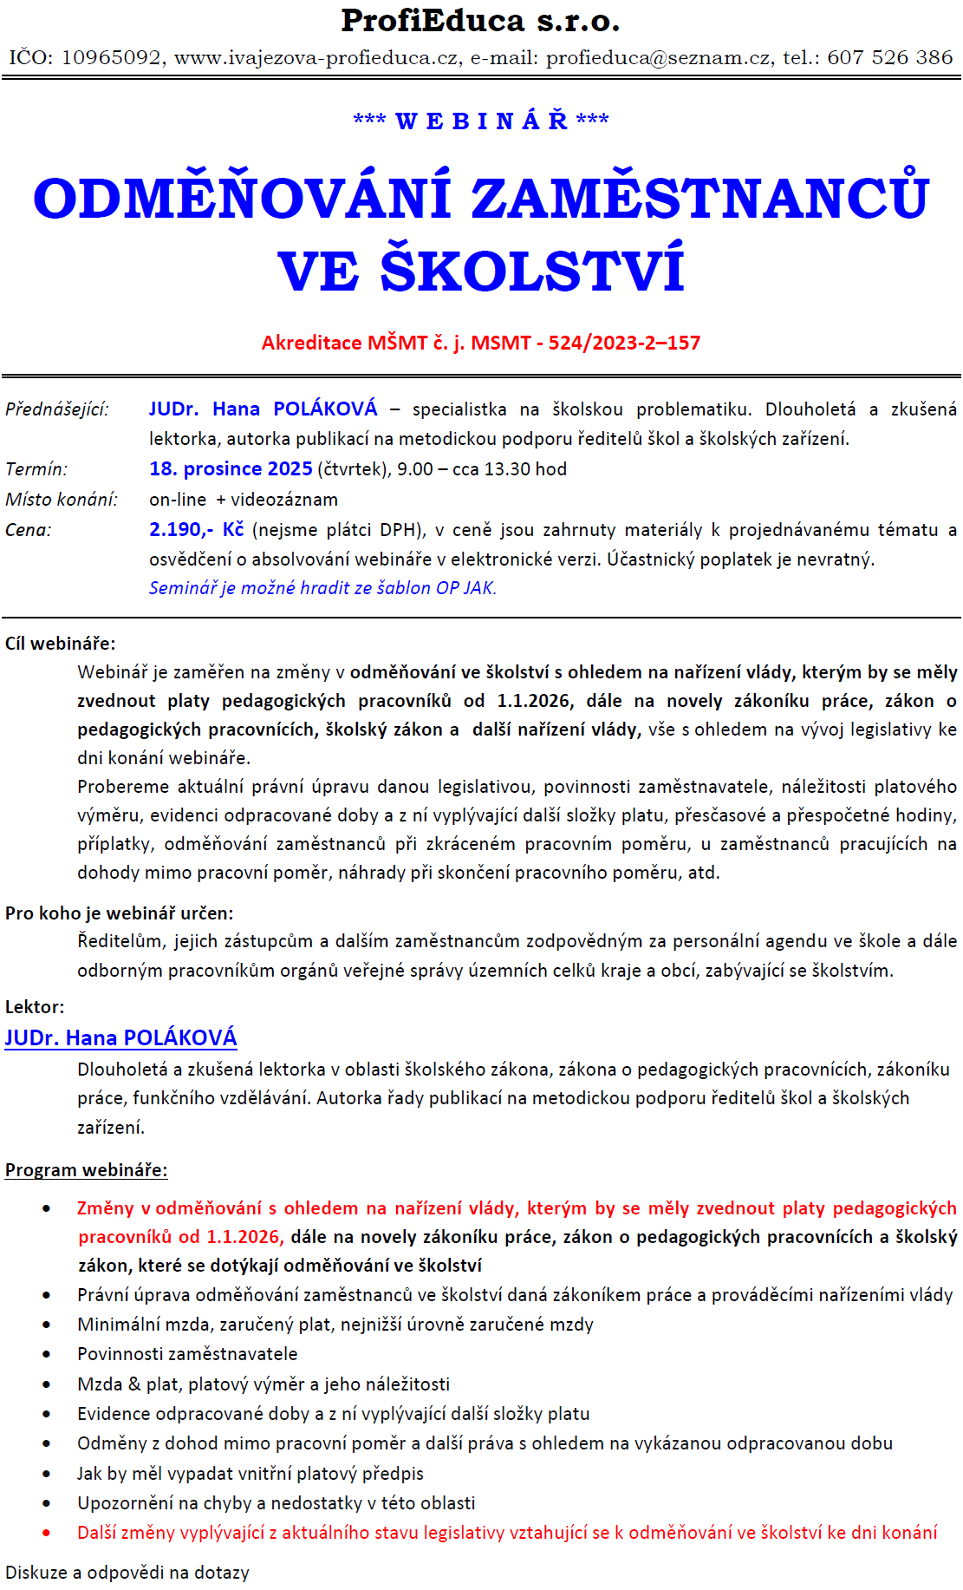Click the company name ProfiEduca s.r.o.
480,21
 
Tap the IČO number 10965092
111,58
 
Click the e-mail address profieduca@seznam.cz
659,58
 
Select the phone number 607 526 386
890,58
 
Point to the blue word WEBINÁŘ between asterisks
481,121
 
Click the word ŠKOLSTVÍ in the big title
532,272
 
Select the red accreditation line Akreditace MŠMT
480,343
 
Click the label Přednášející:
57,409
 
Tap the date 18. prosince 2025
231,469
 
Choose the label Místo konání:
62,500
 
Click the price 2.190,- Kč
196,530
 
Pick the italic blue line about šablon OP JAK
322,588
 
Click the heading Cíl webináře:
60,644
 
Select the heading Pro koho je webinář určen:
119,913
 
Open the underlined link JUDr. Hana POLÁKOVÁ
120,1038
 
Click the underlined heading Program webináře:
86,1170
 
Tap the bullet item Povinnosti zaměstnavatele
187,1354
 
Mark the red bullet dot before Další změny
46,1534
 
